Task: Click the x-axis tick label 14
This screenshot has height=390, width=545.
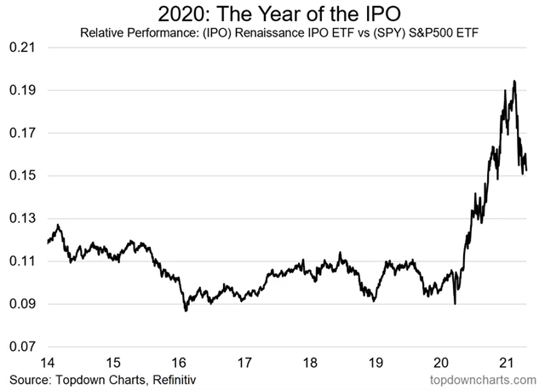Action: (49, 362)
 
